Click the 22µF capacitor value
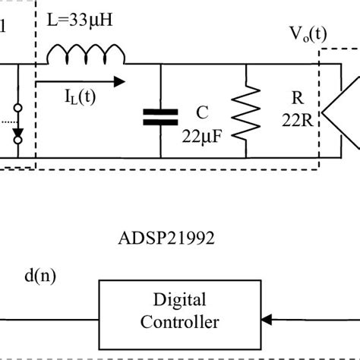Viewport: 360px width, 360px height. [x=201, y=136]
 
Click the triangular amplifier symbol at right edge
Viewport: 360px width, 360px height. [x=342, y=116]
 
